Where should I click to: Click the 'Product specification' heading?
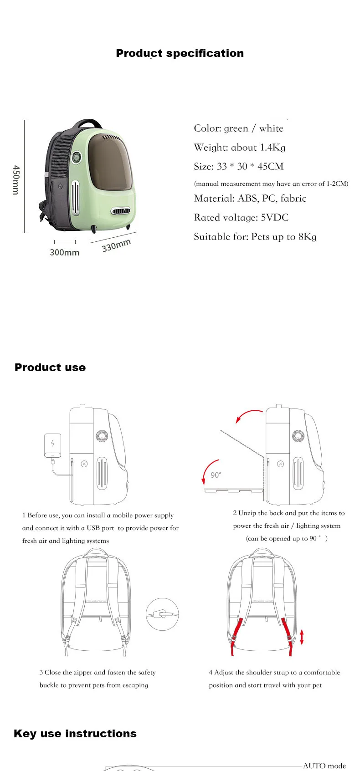[180, 53]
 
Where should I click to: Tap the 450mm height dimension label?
[16, 180]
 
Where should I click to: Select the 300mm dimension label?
[64, 252]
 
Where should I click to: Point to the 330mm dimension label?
[116, 245]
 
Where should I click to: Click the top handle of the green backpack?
[88, 123]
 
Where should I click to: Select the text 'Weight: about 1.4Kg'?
[240, 148]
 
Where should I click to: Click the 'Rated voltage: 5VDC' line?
[241, 218]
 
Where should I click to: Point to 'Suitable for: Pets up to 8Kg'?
[255, 237]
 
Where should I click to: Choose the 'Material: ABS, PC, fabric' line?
[250, 199]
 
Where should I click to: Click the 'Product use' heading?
[50, 368]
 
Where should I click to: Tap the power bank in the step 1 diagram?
[52, 445]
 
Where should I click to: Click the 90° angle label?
[216, 475]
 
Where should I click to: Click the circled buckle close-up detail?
[162, 614]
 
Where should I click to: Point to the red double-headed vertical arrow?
[302, 637]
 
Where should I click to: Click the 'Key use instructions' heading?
[75, 734]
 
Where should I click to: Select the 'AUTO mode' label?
[324, 766]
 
